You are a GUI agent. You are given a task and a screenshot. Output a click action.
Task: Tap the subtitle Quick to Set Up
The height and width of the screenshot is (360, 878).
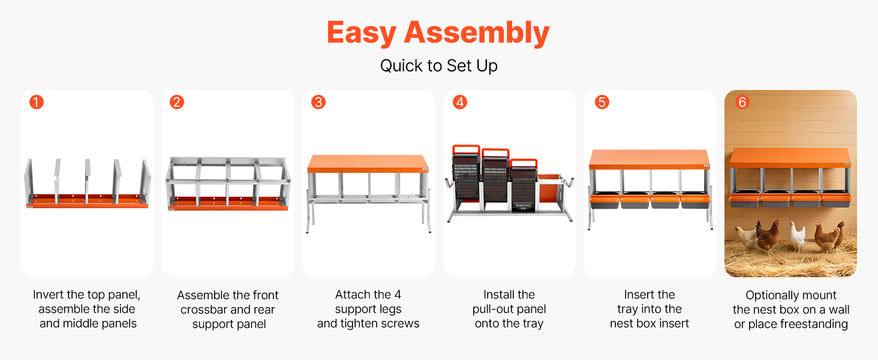tap(438, 65)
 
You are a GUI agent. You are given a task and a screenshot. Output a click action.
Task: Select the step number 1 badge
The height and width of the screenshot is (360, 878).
tap(37, 103)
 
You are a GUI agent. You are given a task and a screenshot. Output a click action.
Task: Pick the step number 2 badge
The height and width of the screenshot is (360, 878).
tap(177, 103)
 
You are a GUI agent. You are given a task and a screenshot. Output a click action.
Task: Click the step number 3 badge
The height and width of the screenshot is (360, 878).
tap(318, 103)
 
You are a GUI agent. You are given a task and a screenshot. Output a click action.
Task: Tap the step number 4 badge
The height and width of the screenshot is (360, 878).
tap(460, 103)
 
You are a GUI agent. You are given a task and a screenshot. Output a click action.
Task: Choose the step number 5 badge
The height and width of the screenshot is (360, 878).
tap(602, 103)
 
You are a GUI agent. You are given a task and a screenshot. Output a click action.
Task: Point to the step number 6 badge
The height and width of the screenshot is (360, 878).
tap(742, 103)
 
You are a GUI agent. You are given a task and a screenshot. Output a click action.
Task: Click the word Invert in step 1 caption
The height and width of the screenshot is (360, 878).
tap(48, 295)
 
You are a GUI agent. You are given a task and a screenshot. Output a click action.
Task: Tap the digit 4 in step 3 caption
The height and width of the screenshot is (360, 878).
tap(398, 295)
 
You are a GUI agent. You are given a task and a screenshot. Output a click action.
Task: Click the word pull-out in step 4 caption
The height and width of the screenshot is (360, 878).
tap(489, 309)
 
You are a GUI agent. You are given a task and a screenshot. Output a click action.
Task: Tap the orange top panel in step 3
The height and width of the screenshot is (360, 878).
tap(368, 163)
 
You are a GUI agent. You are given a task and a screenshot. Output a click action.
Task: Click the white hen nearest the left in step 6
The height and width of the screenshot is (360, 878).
tap(745, 237)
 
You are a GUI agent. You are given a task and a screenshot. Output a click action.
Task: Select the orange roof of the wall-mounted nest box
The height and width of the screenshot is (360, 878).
tap(790, 158)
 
